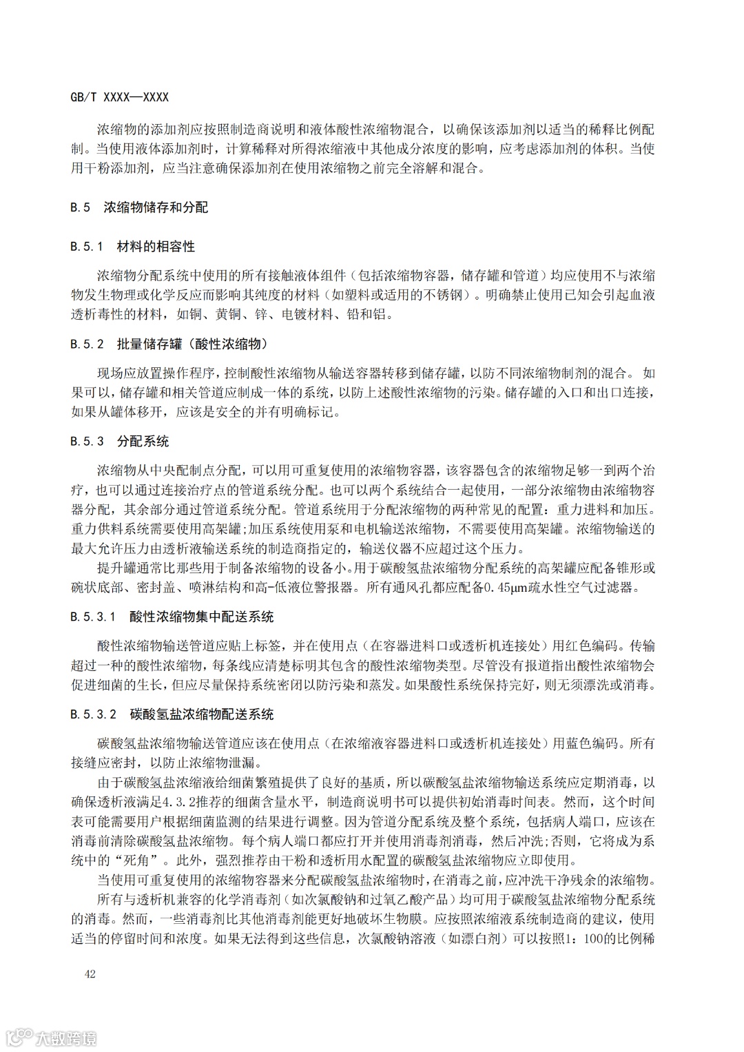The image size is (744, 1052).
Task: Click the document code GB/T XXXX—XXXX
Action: [119, 97]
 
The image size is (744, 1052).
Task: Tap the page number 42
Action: [90, 974]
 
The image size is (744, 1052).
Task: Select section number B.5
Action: [81, 207]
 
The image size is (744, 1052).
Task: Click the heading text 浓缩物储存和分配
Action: [156, 207]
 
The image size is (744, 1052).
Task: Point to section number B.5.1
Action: [87, 247]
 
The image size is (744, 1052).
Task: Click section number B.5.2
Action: [87, 344]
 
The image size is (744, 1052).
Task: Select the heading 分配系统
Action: [143, 442]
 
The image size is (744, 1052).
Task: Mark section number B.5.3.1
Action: [93, 617]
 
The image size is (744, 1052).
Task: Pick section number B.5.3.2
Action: [93, 714]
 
